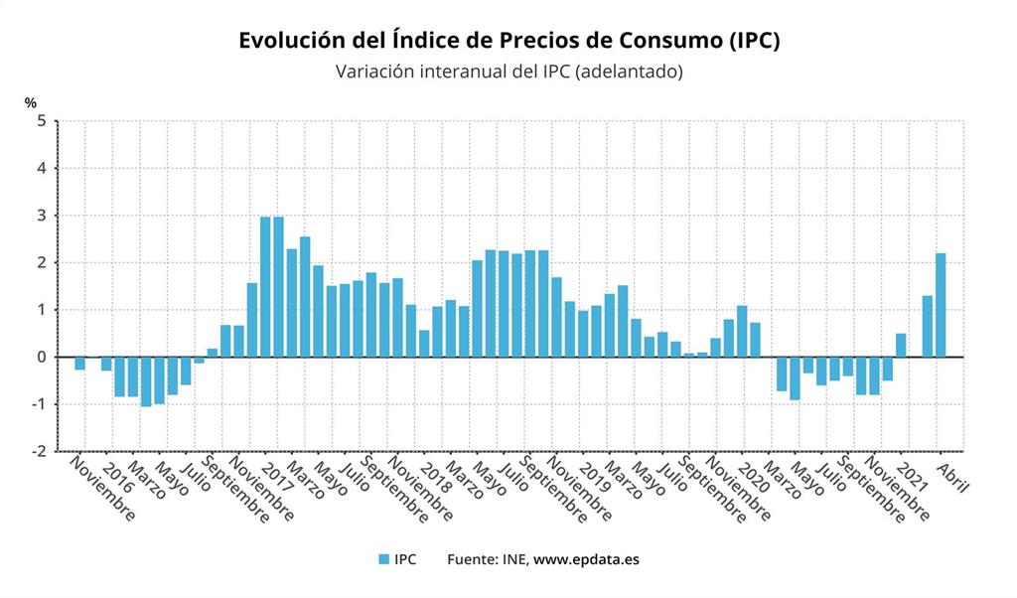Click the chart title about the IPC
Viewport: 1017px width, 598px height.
(508, 41)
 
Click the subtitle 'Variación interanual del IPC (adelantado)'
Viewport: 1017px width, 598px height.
(508, 73)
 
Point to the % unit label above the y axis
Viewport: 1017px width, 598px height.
(31, 102)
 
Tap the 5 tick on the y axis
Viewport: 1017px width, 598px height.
(42, 121)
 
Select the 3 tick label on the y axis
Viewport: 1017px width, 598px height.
(42, 216)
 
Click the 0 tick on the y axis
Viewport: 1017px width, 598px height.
(42, 357)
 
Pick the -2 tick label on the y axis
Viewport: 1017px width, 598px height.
(39, 451)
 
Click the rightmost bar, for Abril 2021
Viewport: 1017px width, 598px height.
(941, 305)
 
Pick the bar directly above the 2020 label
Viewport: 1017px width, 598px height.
(742, 331)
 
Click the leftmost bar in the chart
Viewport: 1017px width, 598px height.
(80, 364)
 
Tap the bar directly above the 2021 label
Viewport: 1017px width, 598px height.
(901, 345)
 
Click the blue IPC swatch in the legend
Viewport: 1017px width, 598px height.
(383, 559)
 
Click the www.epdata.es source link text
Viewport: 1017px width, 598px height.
(586, 559)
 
